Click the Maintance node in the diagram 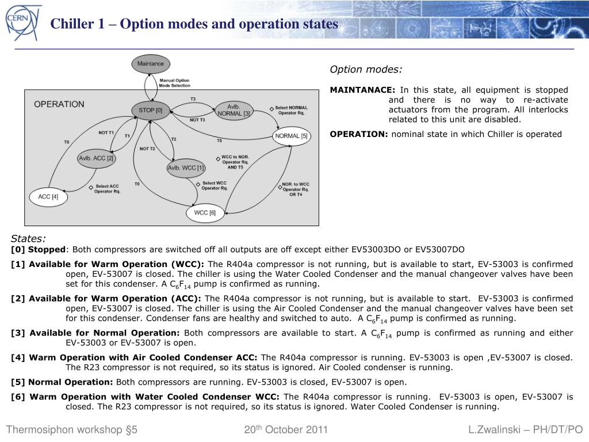(151, 64)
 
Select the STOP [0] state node (151, 110)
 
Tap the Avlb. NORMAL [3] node (234, 110)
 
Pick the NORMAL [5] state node (292, 136)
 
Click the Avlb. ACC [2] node (97, 158)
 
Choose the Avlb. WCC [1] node (186, 168)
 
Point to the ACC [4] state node (48, 197)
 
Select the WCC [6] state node (205, 213)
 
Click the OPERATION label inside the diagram (59, 104)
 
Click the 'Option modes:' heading (366, 70)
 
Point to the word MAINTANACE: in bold (362, 90)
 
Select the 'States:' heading (28, 239)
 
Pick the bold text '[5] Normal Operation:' (62, 382)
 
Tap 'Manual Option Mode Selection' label (174, 83)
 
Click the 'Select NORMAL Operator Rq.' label (291, 110)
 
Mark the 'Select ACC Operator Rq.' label (107, 189)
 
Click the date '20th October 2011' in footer (286, 430)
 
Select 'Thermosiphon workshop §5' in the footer (72, 430)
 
